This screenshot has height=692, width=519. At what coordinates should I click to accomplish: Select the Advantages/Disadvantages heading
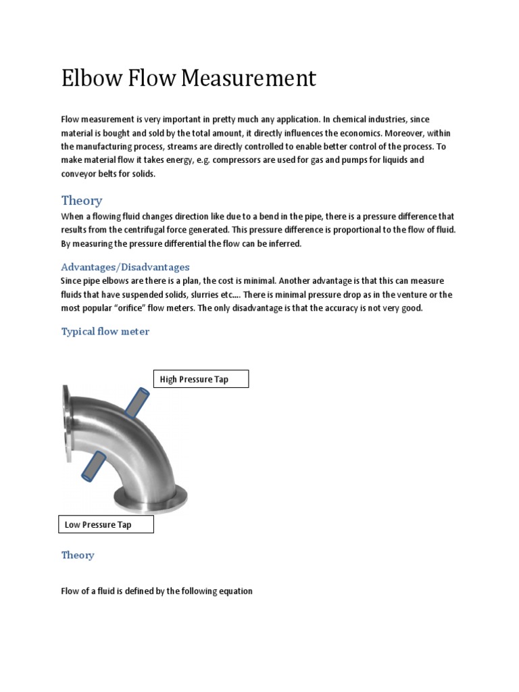[125, 267]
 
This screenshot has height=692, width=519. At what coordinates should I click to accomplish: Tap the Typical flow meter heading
[105, 331]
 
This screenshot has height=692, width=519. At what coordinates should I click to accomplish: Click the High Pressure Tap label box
[201, 379]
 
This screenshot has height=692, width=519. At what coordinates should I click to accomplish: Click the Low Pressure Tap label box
[105, 524]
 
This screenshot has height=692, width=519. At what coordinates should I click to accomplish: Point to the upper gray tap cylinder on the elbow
[134, 402]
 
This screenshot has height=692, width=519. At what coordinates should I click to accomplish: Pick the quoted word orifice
[132, 307]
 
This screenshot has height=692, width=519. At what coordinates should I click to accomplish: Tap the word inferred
[284, 243]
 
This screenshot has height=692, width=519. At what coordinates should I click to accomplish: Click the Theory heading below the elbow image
[78, 555]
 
